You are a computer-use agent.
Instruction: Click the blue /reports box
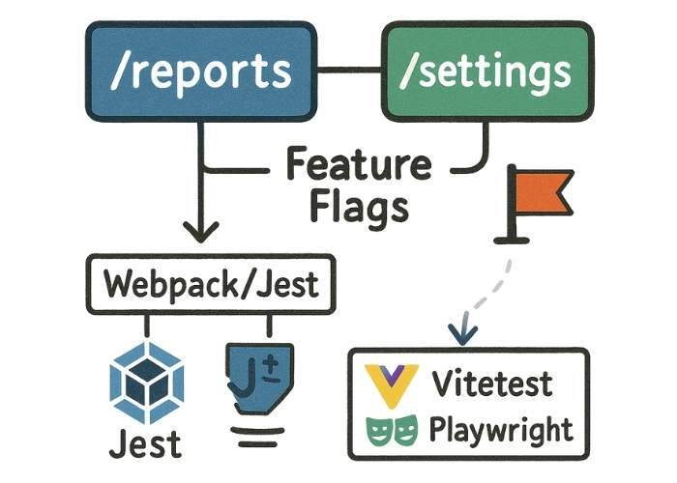[x=200, y=72]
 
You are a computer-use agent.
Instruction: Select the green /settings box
[x=486, y=72]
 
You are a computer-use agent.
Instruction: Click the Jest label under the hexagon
[x=144, y=444]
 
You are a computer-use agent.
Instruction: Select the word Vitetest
[x=492, y=383]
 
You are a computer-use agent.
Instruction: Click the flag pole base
[x=510, y=235]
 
